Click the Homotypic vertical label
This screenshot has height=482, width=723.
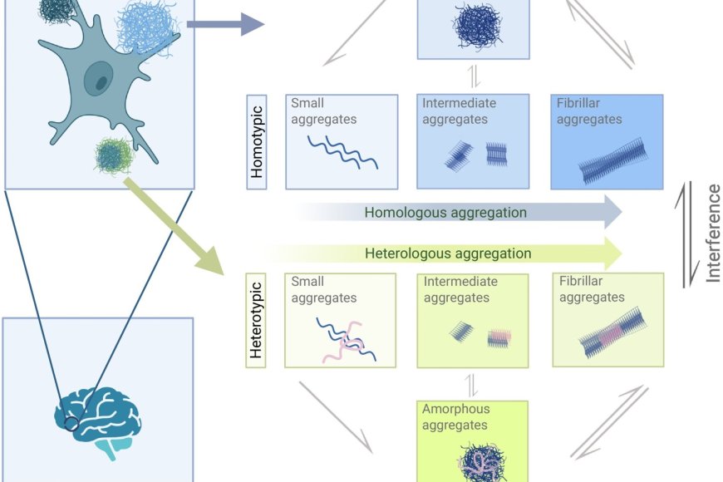258,141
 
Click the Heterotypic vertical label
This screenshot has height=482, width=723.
257,321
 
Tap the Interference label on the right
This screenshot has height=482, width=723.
712,234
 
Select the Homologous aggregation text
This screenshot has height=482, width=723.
445,213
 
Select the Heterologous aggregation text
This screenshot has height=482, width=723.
448,253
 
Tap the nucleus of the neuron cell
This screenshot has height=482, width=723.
100,81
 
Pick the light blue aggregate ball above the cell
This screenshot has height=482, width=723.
147,27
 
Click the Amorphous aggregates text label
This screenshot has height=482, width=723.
455,417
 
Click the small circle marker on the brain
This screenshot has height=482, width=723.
71,424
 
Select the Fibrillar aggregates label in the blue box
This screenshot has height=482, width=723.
589,111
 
